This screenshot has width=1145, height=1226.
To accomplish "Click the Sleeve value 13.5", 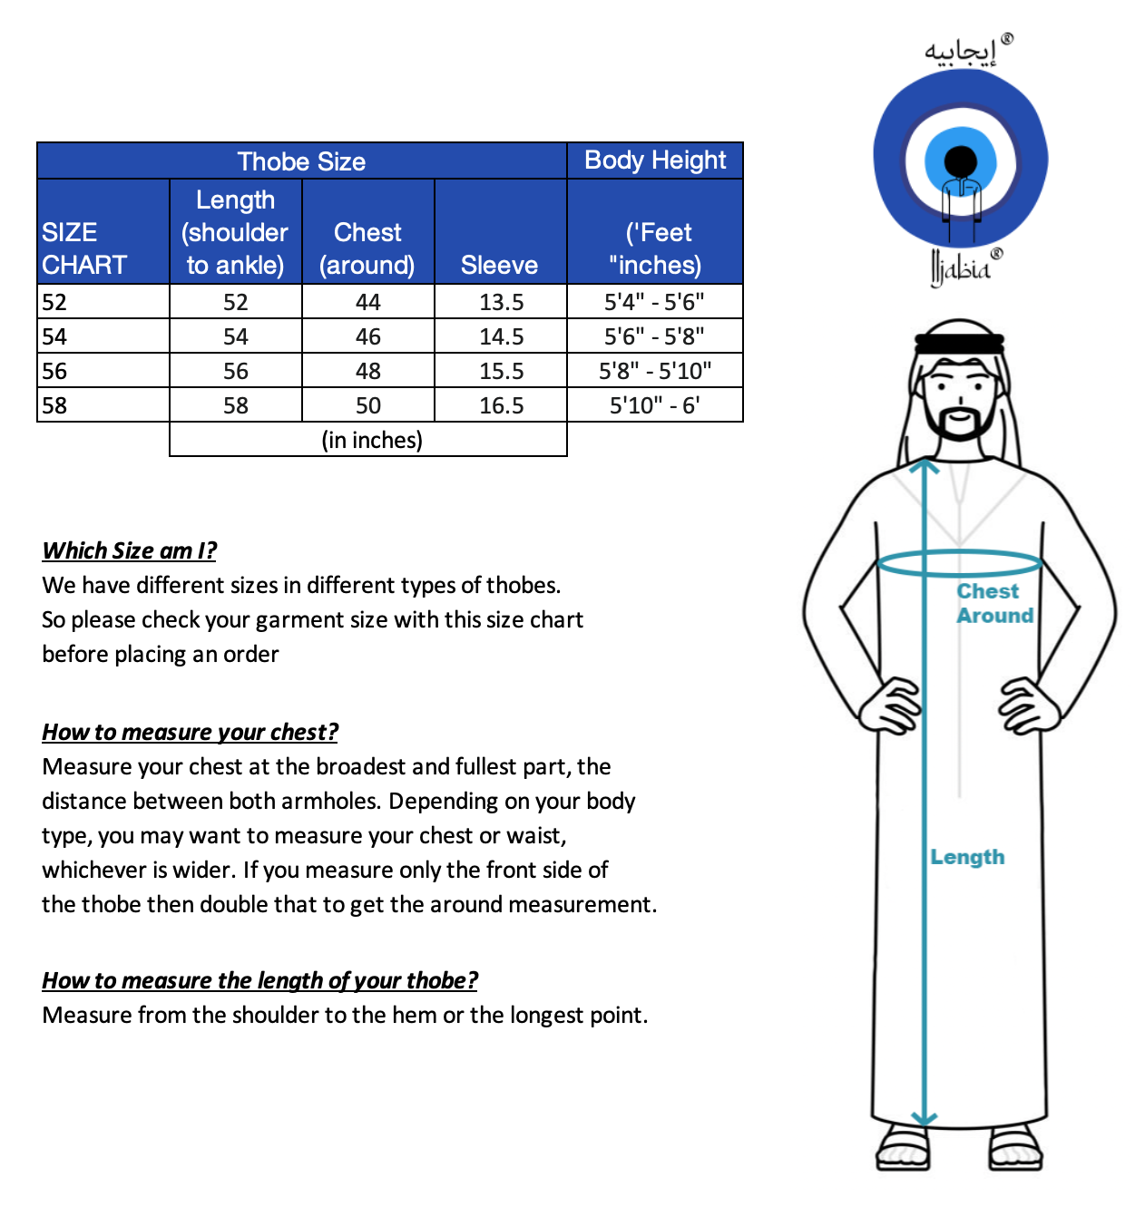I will tap(501, 302).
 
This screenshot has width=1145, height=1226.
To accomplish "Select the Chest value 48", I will tap(368, 371).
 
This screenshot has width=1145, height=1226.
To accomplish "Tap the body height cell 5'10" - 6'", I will tap(654, 405).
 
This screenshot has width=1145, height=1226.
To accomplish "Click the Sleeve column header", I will tap(499, 265).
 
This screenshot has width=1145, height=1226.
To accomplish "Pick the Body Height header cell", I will tap(655, 161).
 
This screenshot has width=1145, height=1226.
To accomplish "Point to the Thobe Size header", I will tap(301, 161).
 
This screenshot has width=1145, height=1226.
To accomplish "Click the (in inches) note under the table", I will tap(372, 440).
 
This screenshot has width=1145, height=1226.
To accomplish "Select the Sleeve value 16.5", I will tap(501, 405).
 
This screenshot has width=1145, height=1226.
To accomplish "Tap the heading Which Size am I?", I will tap(130, 550).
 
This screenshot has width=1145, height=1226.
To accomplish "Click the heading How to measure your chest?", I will tap(190, 732).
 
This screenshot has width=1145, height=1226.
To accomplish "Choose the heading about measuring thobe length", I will tap(259, 980).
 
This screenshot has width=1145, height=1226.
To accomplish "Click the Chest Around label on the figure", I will tap(993, 603).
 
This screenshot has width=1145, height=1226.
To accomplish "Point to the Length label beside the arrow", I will tap(967, 857).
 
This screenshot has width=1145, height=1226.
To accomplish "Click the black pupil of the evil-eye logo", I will tap(960, 162).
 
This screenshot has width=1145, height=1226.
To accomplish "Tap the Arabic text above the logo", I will tap(961, 51).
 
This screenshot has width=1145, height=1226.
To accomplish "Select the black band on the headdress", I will tap(959, 344).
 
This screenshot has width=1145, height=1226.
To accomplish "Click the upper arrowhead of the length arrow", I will tap(924, 467).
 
